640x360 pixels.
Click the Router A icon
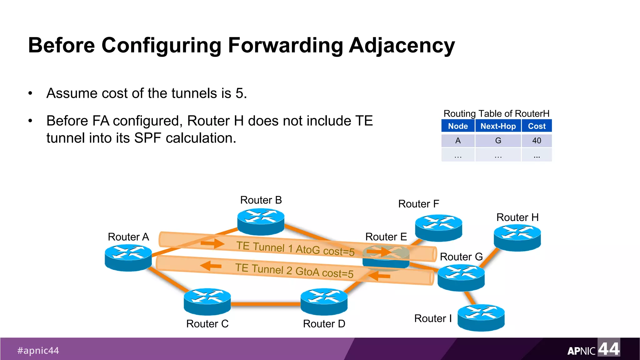point(128,257)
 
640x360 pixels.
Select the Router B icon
point(261,222)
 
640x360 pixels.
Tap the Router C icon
point(207,301)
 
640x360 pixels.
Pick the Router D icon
point(324,301)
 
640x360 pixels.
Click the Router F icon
point(438,227)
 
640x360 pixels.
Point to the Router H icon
point(517,238)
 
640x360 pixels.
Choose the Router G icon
point(461,277)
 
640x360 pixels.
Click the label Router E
point(386,237)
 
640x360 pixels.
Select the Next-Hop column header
point(498,126)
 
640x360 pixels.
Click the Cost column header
point(537,126)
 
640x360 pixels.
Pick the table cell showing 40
point(537,141)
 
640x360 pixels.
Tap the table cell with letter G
point(498,141)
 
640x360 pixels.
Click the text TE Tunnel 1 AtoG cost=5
point(295,249)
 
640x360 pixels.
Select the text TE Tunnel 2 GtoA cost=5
point(294,271)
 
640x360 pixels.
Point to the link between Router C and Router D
point(266,304)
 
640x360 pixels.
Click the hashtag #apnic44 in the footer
point(38,350)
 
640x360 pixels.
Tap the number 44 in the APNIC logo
point(608,349)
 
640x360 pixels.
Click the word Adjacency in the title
point(402,46)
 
